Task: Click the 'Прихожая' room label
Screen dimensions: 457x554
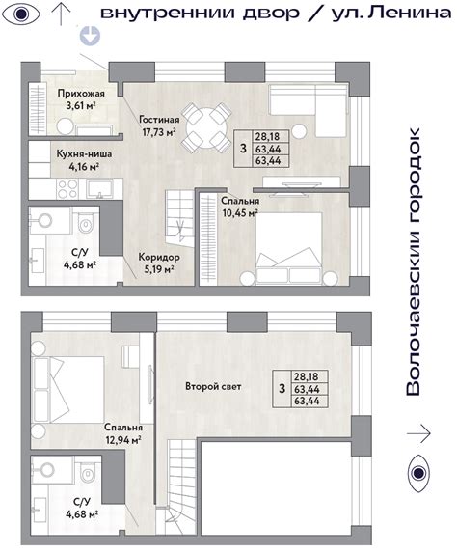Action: tap(81, 94)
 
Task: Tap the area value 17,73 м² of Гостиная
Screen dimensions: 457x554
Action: tap(159, 132)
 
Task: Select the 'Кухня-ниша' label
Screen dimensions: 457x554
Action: tap(84, 154)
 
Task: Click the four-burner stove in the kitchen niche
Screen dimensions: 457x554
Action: tap(67, 189)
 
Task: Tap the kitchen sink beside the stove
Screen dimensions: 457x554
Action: tap(100, 189)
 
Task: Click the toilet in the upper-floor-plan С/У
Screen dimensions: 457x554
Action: tap(86, 222)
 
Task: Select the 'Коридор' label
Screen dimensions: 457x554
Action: tap(159, 257)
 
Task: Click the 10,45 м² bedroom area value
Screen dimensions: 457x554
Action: tap(240, 213)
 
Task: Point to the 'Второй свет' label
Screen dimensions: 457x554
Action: tap(213, 386)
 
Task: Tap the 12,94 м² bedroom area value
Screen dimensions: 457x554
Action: tap(123, 440)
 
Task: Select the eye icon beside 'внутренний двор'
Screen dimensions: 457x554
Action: tap(21, 14)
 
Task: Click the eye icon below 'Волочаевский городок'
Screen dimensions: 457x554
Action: tap(418, 473)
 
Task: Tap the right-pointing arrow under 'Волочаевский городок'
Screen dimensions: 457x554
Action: tap(418, 433)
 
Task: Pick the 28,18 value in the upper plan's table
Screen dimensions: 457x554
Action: tap(268, 137)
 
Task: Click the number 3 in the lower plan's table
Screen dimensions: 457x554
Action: tap(282, 389)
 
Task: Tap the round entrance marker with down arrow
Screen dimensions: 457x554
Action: tap(90, 36)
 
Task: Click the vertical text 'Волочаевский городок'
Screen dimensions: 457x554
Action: tap(414, 262)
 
